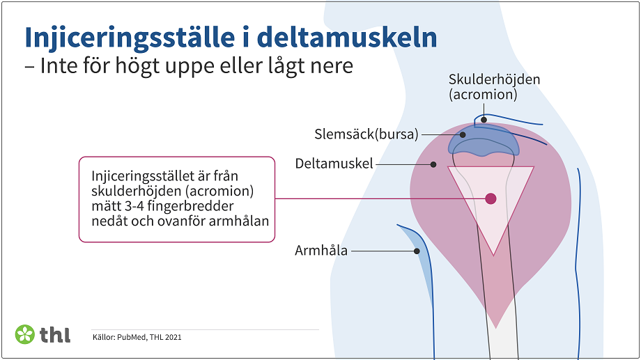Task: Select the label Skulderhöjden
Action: (x=494, y=79)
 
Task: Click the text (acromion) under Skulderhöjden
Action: (x=483, y=94)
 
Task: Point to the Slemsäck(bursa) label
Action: (x=366, y=134)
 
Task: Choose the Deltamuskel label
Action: (x=334, y=164)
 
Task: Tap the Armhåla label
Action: (x=321, y=251)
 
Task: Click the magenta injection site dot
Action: (x=491, y=198)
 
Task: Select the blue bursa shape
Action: (x=484, y=142)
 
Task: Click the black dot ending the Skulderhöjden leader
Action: (x=484, y=120)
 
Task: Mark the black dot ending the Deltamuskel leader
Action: (x=433, y=165)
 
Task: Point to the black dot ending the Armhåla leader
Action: (x=408, y=251)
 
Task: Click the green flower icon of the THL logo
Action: (x=24, y=334)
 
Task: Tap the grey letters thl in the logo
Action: (x=55, y=334)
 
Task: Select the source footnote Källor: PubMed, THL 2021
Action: (x=137, y=338)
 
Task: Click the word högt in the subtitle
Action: (x=161, y=67)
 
